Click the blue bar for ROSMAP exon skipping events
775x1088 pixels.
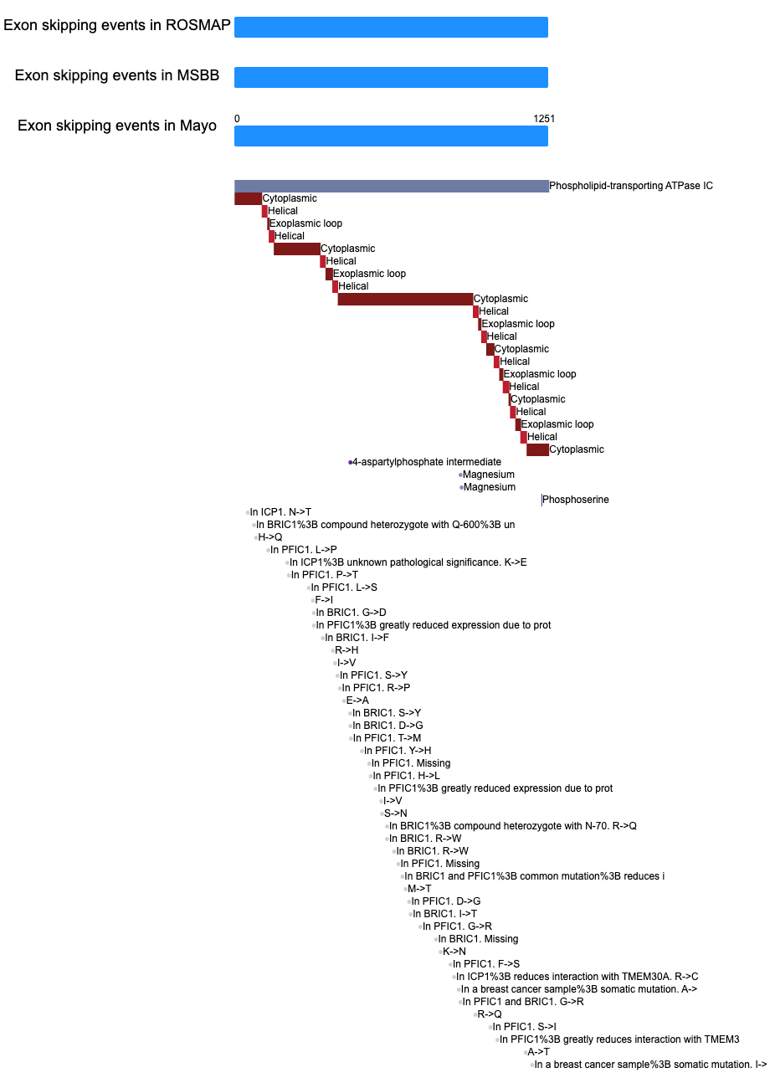coord(391,27)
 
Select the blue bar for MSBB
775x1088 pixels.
coord(391,77)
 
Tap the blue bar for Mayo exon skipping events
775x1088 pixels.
coord(391,136)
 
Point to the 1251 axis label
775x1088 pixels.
coord(544,119)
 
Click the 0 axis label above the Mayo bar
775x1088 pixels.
coord(237,119)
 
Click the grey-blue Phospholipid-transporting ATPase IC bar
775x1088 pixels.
coord(391,186)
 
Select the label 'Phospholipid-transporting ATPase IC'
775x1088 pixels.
coord(631,186)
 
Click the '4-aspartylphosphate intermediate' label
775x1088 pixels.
coord(426,462)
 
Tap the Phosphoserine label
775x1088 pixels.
coord(576,500)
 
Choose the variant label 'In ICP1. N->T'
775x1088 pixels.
coord(280,512)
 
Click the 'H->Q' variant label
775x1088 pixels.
coord(269,537)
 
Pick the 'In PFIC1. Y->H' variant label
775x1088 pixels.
coord(398,751)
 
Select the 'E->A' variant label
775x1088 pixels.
coord(357,701)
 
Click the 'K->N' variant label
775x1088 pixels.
coord(454,952)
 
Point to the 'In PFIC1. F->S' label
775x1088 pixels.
coord(486,964)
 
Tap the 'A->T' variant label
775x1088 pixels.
coord(538,1052)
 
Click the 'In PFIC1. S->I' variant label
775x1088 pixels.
coord(524,1027)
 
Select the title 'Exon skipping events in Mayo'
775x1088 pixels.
coord(117,126)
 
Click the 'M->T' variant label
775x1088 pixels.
coord(419,889)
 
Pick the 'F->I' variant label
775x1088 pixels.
coord(324,600)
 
